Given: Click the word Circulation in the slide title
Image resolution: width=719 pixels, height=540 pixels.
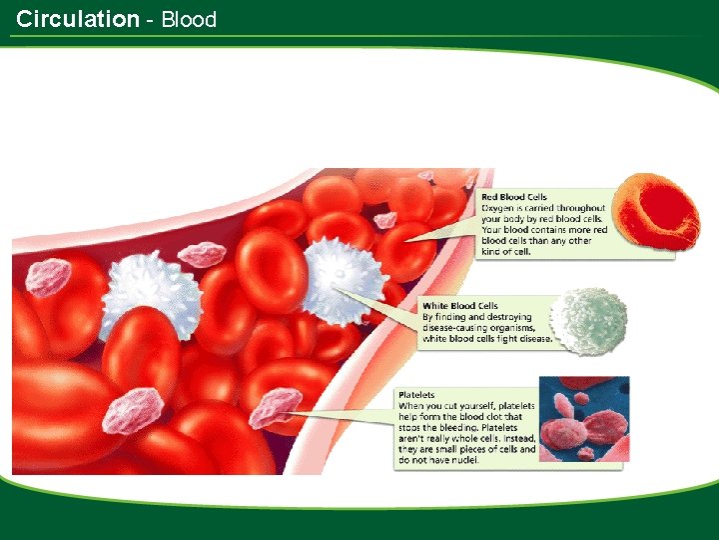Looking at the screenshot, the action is tap(78, 18).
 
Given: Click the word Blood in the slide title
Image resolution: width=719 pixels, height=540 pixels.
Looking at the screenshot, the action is tap(189, 18).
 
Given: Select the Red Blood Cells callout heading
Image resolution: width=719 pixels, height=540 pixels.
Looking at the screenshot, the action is tap(514, 197).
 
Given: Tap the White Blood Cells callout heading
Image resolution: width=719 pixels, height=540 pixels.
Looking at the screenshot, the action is tap(460, 306).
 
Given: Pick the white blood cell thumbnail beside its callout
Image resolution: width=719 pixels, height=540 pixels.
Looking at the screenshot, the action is tap(589, 321).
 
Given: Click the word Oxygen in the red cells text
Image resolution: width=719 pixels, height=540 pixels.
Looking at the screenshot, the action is tap(499, 208).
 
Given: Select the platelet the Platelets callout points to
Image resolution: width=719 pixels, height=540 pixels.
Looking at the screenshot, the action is tap(276, 408).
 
